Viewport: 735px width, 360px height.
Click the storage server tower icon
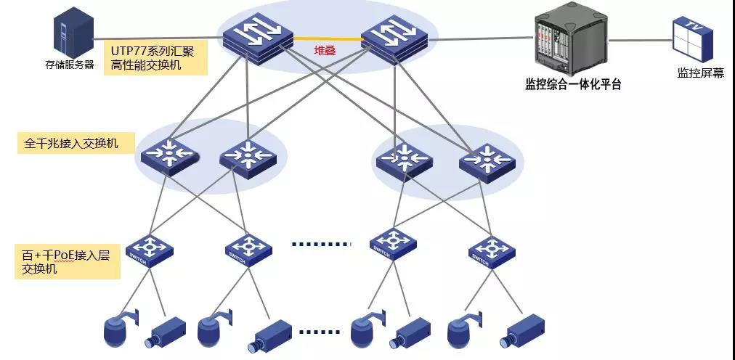[x=73, y=36]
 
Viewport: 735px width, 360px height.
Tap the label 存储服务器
[x=70, y=65]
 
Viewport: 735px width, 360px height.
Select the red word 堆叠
[x=325, y=51]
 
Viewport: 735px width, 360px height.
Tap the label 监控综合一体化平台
[x=573, y=85]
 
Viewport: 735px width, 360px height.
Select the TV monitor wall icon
[x=692, y=39]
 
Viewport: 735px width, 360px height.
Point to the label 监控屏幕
[x=700, y=73]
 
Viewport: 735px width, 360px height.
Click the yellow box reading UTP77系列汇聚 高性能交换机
[x=155, y=57]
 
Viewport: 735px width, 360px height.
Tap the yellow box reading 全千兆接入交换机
[x=76, y=143]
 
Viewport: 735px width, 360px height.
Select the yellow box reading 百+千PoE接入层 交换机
[x=68, y=261]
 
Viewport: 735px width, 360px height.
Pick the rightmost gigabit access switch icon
[x=487, y=163]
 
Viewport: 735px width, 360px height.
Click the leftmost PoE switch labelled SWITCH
[x=150, y=250]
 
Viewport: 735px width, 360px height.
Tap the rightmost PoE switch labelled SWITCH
[x=492, y=251]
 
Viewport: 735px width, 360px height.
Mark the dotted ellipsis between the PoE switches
[x=321, y=244]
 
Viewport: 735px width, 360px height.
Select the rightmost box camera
[x=521, y=332]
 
